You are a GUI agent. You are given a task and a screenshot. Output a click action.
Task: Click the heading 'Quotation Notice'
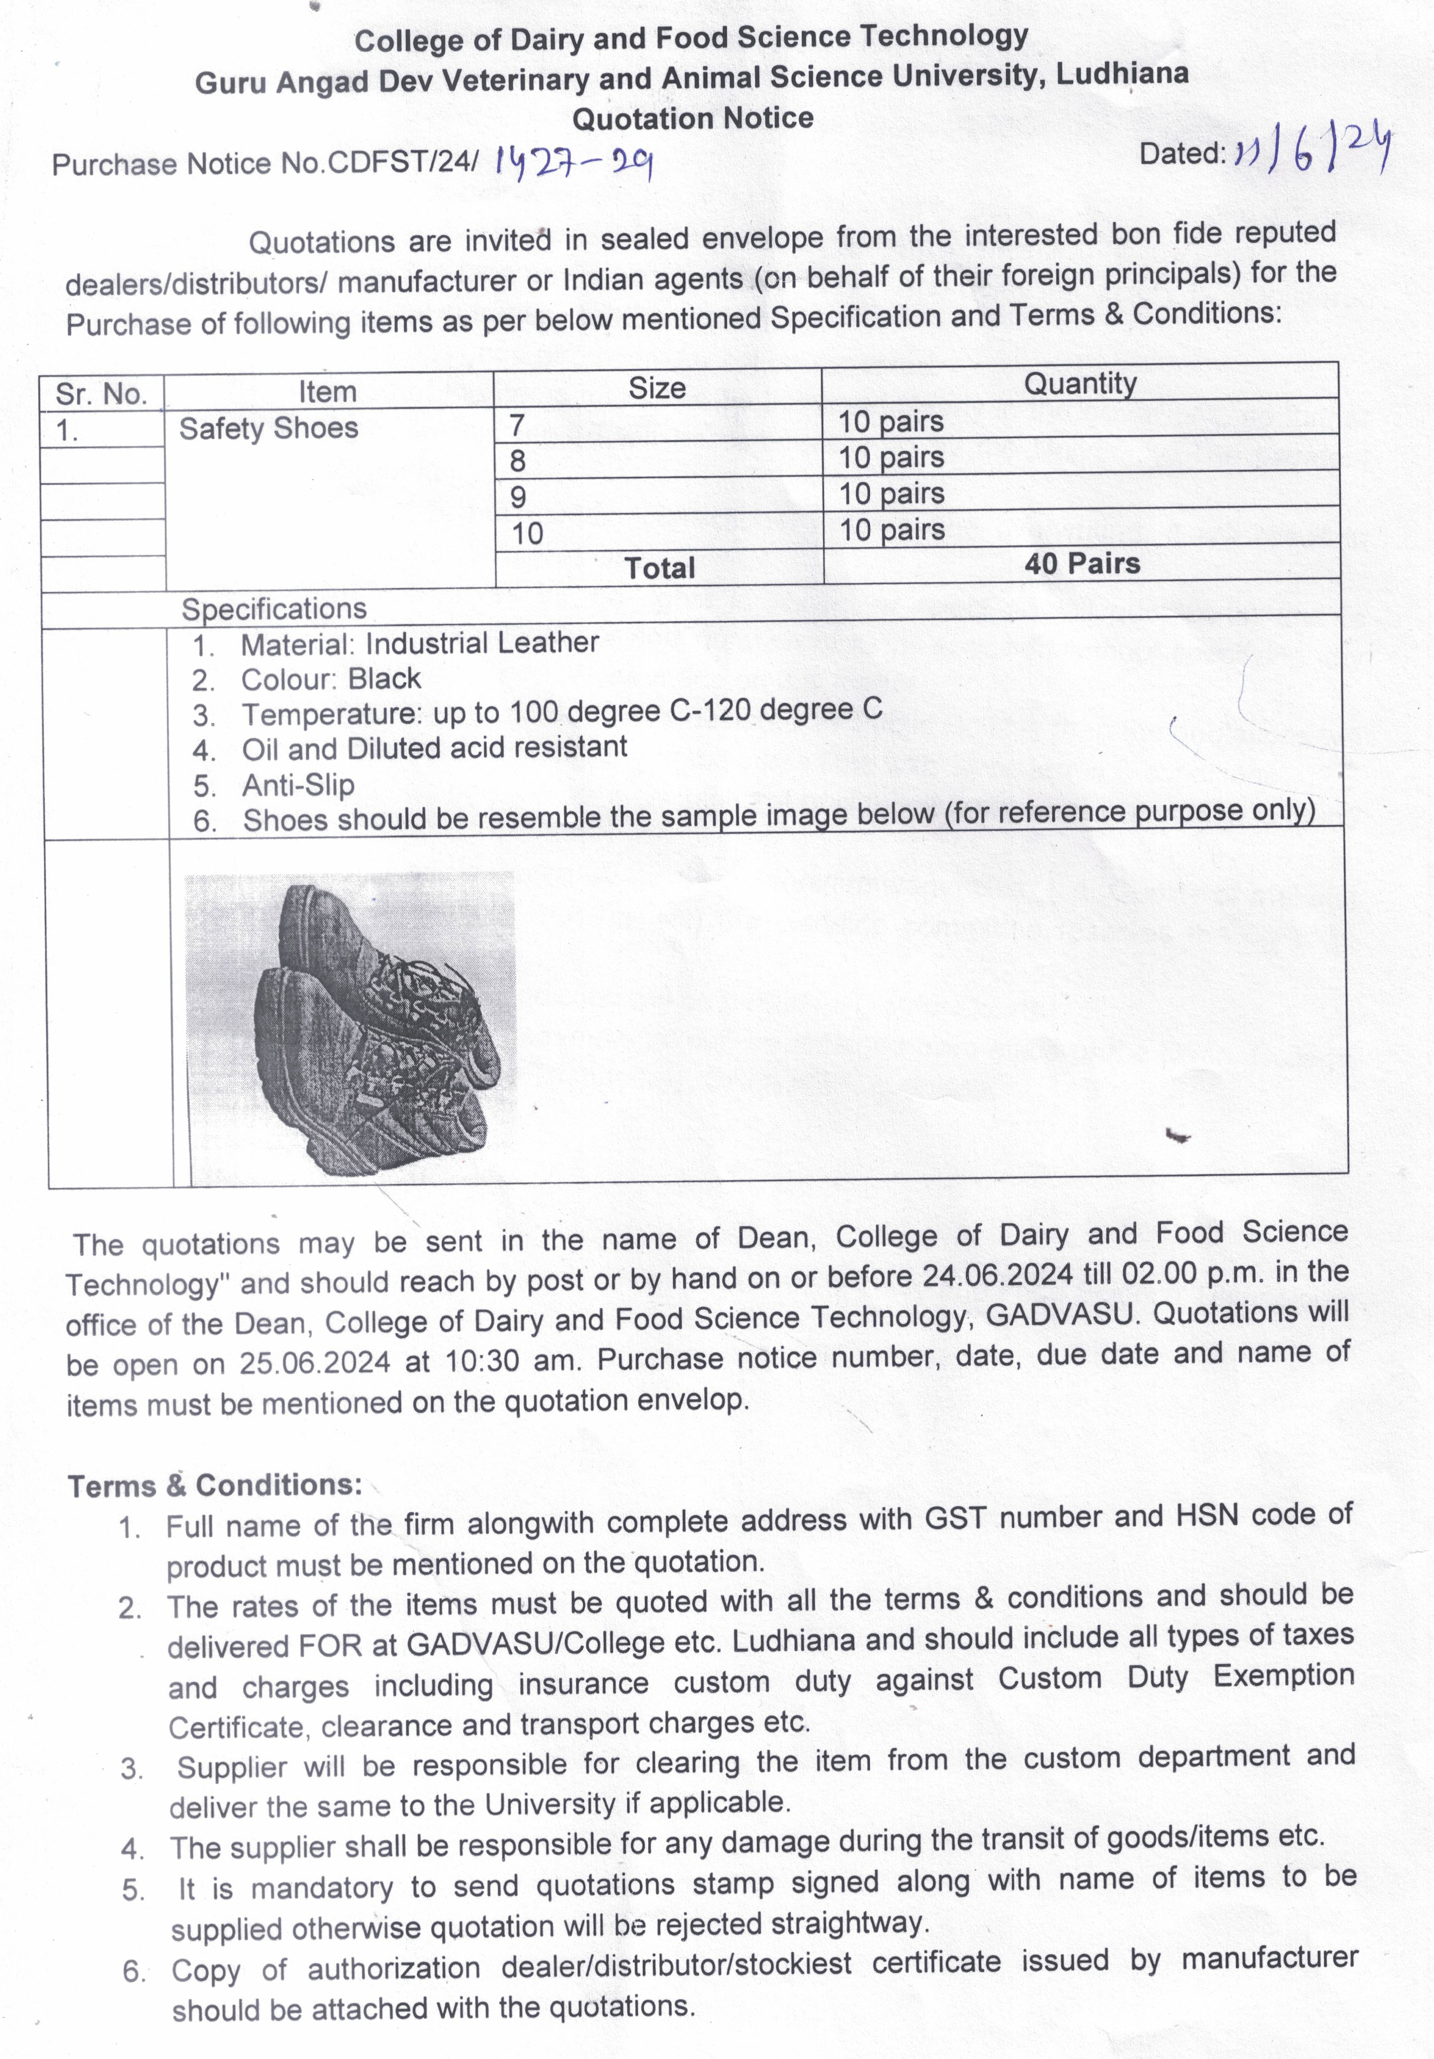692,118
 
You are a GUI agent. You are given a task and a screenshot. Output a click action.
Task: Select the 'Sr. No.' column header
100,394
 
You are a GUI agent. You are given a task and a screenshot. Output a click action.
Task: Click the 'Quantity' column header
1080,384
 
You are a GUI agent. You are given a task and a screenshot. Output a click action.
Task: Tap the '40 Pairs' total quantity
1082,564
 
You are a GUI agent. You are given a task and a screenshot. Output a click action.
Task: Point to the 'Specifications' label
274,609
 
